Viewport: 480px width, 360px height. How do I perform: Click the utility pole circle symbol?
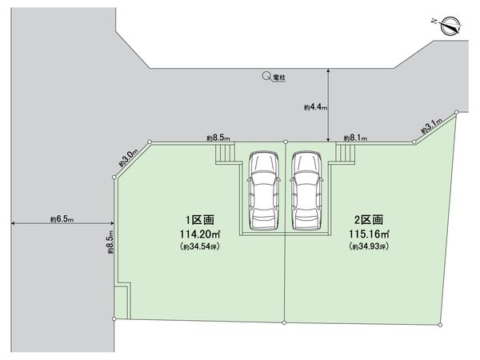pos(266,78)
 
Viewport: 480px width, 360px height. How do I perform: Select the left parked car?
pos(263,190)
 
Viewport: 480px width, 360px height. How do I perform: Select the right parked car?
pos(306,190)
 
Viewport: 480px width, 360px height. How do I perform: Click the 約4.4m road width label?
pos(313,106)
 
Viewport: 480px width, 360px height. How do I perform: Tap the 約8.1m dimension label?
pos(354,138)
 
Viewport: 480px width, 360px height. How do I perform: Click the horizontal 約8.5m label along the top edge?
pos(218,138)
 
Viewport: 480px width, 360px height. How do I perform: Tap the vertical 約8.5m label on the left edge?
pos(110,240)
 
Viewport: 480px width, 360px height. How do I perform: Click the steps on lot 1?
pos(226,153)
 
